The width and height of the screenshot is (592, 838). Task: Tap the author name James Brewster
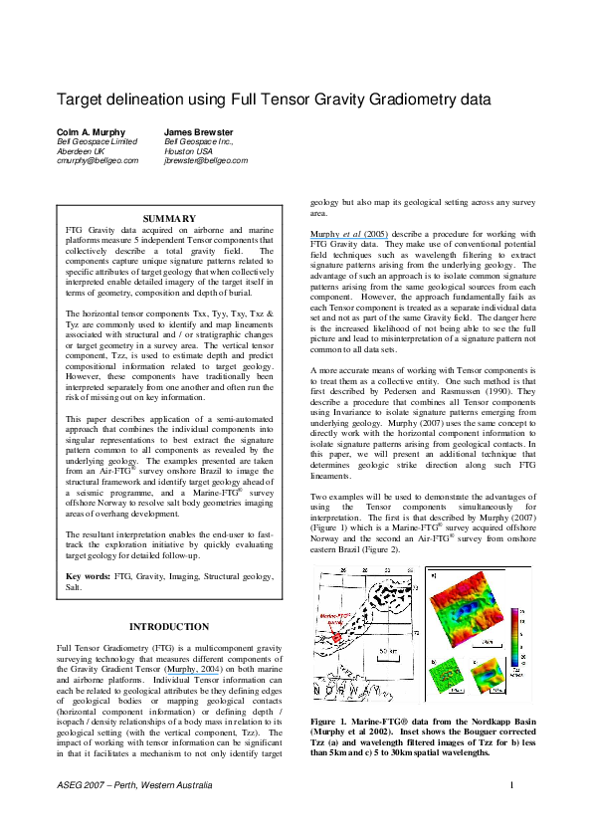(x=199, y=131)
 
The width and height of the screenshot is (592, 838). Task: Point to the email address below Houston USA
(x=206, y=159)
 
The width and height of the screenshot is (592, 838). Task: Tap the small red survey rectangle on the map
(x=337, y=636)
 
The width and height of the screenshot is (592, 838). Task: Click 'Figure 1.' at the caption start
(x=332, y=720)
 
